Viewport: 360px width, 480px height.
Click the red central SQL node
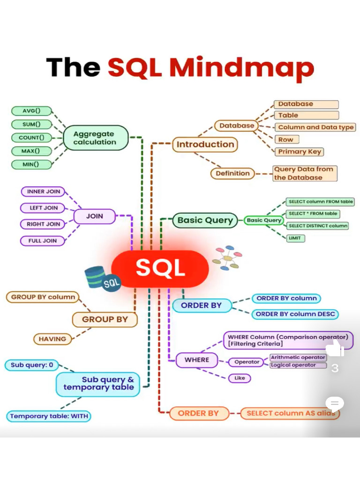[x=160, y=269]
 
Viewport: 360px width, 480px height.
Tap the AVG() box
[x=31, y=111]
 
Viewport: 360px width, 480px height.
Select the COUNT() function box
[x=31, y=138]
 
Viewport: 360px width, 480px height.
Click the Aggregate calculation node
[x=95, y=138]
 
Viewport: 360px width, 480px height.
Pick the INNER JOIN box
[x=43, y=192]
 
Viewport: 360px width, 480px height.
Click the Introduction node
[x=205, y=144]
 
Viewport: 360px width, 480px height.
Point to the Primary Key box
[x=300, y=151]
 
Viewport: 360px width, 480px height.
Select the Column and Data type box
[x=315, y=127]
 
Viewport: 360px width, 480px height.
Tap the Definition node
[x=232, y=173]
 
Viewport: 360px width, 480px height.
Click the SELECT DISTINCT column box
[x=318, y=225]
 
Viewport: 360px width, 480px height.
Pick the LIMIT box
[x=296, y=238]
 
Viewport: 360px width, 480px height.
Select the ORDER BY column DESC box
[x=295, y=314]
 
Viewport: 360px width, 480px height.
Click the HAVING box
[x=52, y=339]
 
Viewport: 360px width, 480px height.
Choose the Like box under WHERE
[x=240, y=378]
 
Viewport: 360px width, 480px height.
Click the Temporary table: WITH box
[x=49, y=416]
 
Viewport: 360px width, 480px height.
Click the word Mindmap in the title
[x=241, y=67]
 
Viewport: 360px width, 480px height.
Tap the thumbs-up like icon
[x=334, y=349]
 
